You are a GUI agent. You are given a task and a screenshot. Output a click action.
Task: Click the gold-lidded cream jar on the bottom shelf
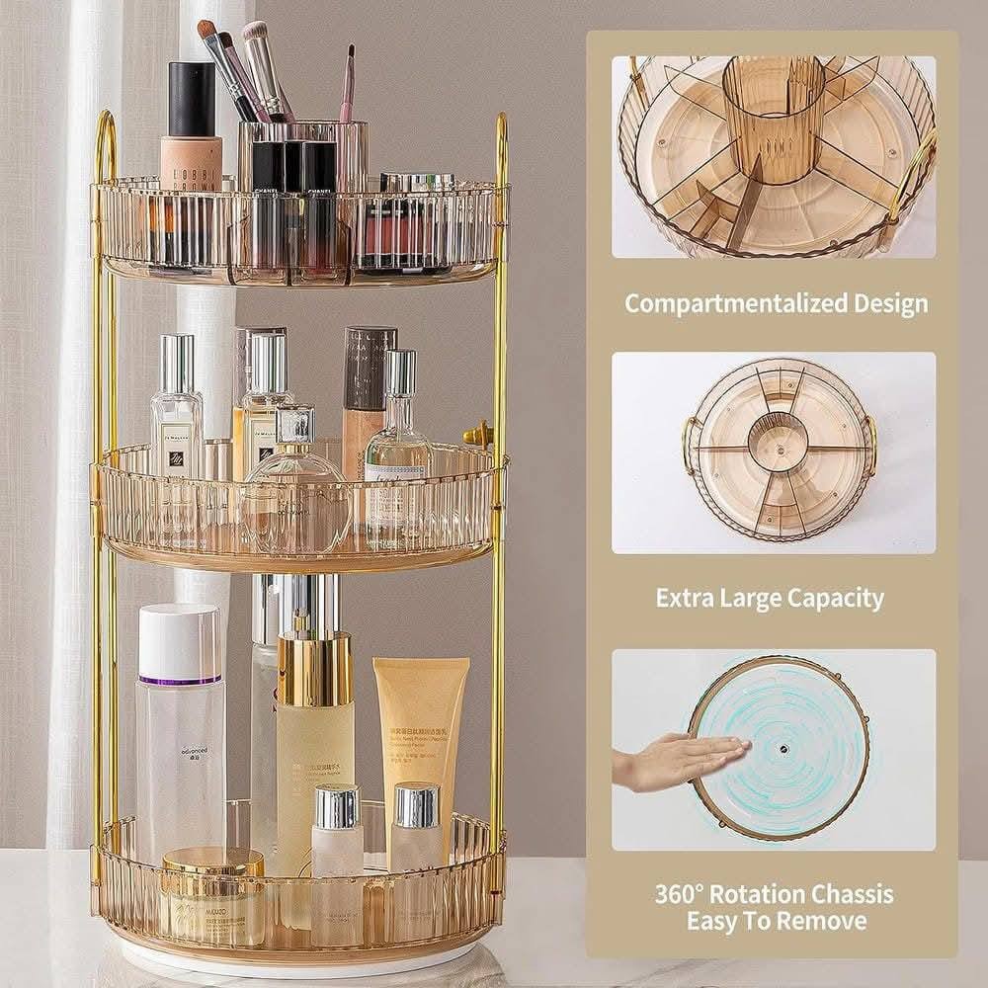coord(213,894)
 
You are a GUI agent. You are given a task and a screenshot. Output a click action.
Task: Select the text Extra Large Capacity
coord(770,598)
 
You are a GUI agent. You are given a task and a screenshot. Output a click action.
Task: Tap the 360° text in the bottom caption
coord(681,895)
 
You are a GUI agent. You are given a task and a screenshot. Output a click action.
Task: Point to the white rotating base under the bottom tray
coord(296,963)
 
